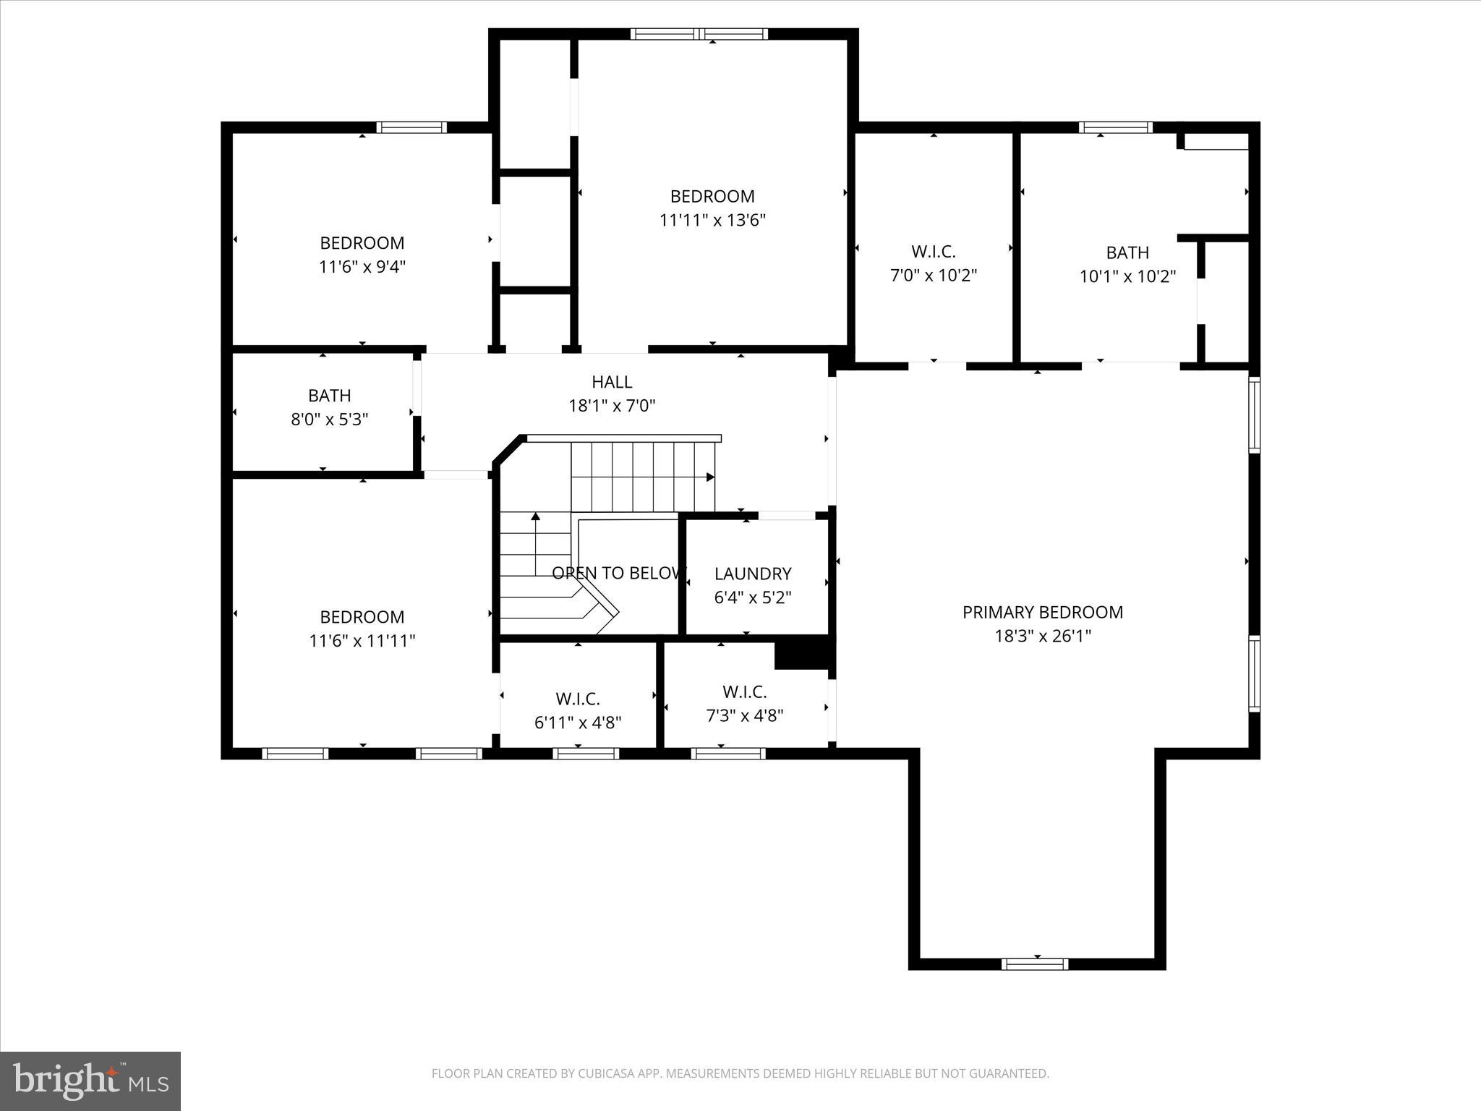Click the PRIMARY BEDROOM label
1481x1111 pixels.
point(1042,612)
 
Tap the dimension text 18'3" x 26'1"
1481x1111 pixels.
point(1042,636)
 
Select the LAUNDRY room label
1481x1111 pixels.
point(753,574)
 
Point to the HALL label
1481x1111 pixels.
point(612,381)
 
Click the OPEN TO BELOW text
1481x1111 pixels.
point(617,573)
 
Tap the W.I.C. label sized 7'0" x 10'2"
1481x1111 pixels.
point(933,252)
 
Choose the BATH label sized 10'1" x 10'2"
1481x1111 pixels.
point(1127,252)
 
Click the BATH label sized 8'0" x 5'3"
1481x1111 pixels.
point(329,396)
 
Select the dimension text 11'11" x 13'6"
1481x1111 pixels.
point(712,220)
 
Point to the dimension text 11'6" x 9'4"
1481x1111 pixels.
point(362,267)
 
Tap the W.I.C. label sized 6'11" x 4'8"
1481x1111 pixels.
point(577,699)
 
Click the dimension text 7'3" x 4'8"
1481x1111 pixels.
point(744,715)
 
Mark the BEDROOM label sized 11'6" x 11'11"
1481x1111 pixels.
point(362,617)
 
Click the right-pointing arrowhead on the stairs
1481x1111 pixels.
point(710,477)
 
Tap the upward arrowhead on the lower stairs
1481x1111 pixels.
point(536,516)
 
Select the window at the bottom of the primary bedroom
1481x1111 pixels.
point(1035,963)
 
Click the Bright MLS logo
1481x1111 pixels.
point(90,1081)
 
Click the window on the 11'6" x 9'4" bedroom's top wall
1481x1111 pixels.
point(411,127)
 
